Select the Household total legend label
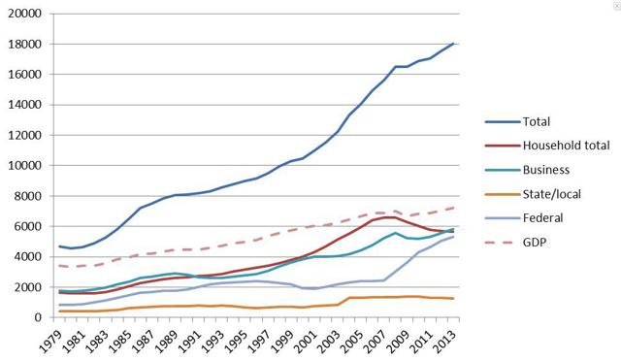[566, 145]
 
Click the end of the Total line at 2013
[453, 44]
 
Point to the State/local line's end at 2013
[453, 299]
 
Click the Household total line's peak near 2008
[390, 217]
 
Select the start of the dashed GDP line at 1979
[60, 265]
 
